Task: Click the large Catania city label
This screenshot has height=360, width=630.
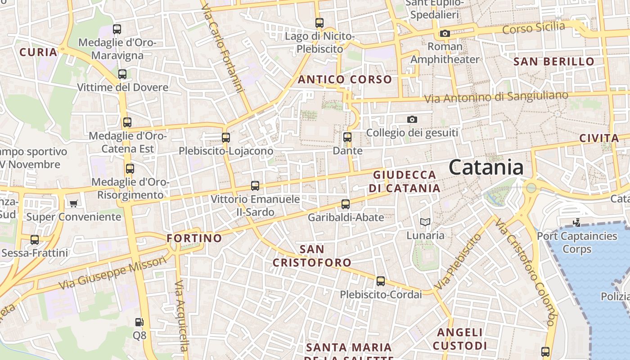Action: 486,168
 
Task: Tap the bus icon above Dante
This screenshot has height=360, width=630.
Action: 347,137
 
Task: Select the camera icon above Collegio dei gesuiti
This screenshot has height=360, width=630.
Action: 412,119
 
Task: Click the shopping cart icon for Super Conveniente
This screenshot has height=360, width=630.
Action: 74,203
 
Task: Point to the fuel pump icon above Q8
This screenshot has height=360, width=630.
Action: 139,322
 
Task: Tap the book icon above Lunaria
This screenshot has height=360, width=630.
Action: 425,222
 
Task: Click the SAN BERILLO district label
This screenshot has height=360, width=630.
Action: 554,62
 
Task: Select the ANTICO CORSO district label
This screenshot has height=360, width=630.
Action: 345,80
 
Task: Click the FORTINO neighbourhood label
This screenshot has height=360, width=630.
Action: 194,238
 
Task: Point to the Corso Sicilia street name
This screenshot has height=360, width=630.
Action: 533,28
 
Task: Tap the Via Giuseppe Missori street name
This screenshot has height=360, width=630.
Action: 112,273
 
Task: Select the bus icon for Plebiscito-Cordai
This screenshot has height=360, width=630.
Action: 381,281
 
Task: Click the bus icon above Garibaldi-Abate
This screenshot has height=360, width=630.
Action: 346,204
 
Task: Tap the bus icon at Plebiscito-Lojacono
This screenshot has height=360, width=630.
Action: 226,138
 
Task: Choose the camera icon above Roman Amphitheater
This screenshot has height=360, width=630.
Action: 445,34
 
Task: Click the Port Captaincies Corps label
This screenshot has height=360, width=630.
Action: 577,242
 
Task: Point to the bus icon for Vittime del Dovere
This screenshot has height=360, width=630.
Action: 122,74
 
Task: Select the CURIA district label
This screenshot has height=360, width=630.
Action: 39,52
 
